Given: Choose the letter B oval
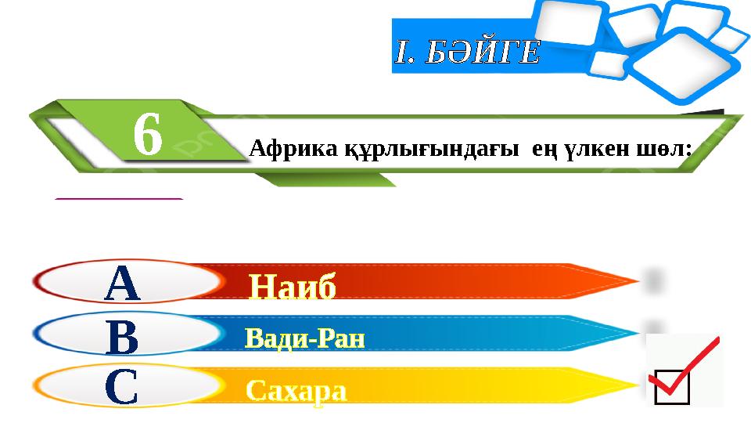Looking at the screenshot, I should click(123, 337).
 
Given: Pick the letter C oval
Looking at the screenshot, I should click(123, 387).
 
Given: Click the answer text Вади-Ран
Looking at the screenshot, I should click(305, 338).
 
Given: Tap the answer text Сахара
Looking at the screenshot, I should click(296, 390).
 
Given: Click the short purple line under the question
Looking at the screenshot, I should click(119, 200).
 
